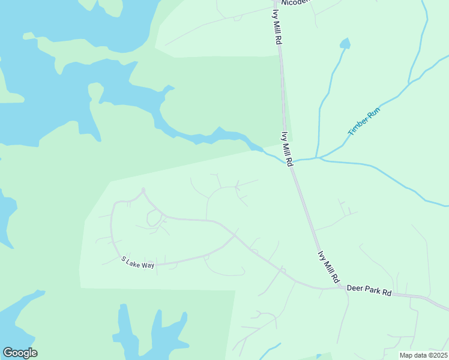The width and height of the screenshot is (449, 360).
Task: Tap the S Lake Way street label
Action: coord(138,262)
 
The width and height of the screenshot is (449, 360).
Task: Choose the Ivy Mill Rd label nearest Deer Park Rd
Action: coord(328,268)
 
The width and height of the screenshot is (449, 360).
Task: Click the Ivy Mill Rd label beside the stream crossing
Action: coord(288,149)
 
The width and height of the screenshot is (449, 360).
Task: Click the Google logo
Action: coord(20,353)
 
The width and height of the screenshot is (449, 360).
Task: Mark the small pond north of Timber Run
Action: coord(345,43)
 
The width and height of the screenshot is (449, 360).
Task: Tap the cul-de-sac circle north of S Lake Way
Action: coord(143,190)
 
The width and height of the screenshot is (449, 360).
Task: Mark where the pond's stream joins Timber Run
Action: coord(318,158)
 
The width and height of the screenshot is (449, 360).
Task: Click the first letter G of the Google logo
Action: coord(8,353)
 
